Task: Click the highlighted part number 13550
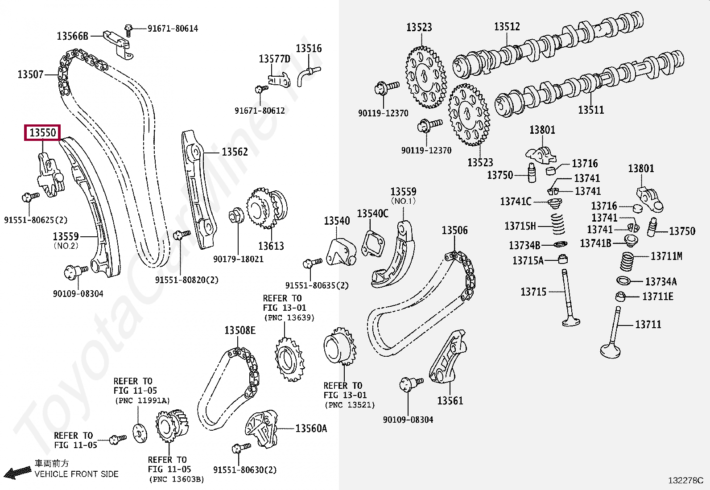click(x=42, y=133)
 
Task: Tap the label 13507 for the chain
click(x=30, y=74)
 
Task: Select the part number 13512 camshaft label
click(x=507, y=27)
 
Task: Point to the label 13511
click(x=590, y=110)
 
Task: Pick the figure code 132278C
click(x=685, y=481)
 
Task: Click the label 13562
click(x=235, y=152)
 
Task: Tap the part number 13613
click(x=271, y=246)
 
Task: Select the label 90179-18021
click(x=238, y=259)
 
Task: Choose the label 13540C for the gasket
click(x=372, y=214)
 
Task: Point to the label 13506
click(x=454, y=231)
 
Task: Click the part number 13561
click(x=450, y=400)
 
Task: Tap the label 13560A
click(x=311, y=428)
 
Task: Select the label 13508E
click(x=240, y=330)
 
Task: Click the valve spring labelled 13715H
click(x=557, y=223)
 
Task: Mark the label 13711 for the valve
click(x=648, y=325)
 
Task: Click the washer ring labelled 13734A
click(x=623, y=280)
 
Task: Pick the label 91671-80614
click(x=173, y=29)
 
